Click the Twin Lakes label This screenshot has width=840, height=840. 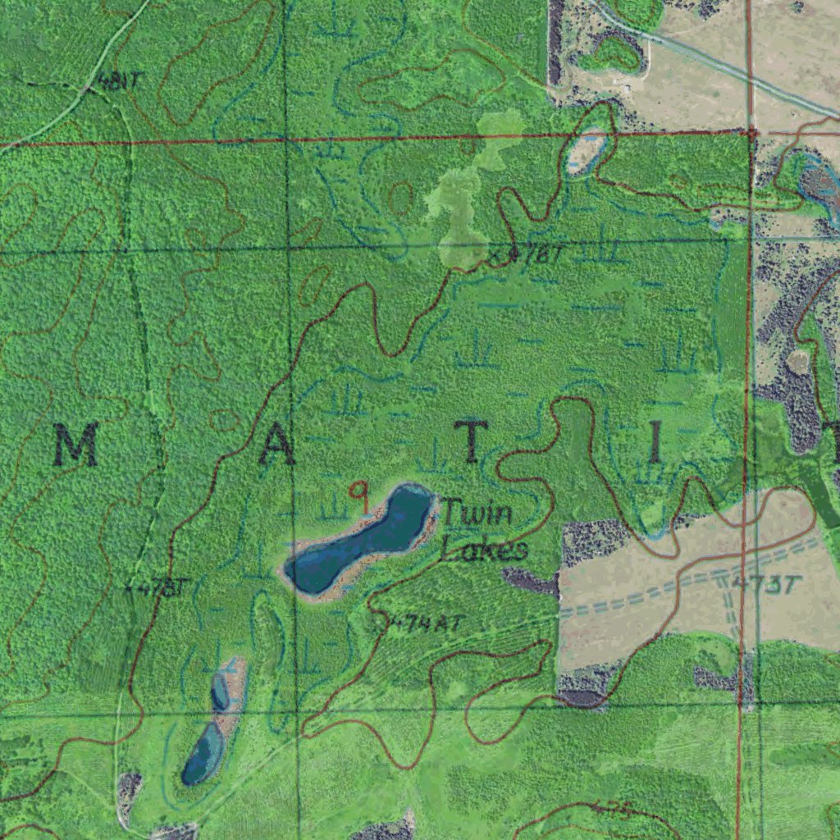click(x=482, y=532)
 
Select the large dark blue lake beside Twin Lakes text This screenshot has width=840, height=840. click(x=361, y=541)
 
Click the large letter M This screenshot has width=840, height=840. click(x=77, y=445)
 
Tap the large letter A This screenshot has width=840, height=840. click(x=277, y=445)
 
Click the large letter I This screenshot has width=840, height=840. click(x=655, y=444)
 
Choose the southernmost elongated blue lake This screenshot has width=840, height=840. click(x=202, y=753)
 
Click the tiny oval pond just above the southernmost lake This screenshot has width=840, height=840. click(x=220, y=691)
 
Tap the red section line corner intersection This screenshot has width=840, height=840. click(x=751, y=131)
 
